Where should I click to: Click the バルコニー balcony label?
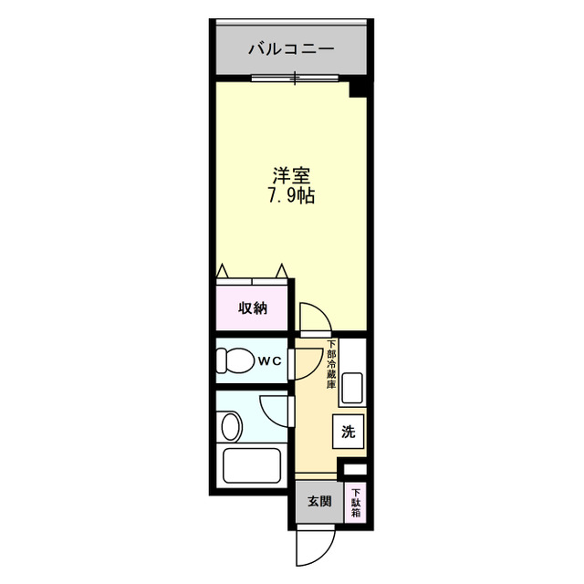pos(293,49)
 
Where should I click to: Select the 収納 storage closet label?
pos(253,308)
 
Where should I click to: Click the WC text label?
pos(270,360)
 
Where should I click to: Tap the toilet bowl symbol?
pos(236,361)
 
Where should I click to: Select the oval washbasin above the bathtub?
pos(232,425)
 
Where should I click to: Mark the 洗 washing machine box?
pos(349,431)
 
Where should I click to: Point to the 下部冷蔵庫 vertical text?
pos(331,365)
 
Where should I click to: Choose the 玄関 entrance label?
pos(318,501)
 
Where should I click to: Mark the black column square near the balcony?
pos(360,88)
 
